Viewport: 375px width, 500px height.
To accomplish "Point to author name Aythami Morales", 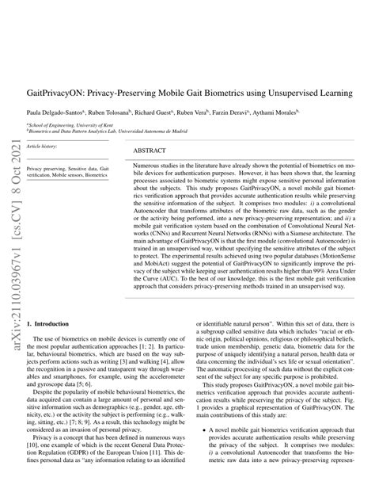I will (321, 114).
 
